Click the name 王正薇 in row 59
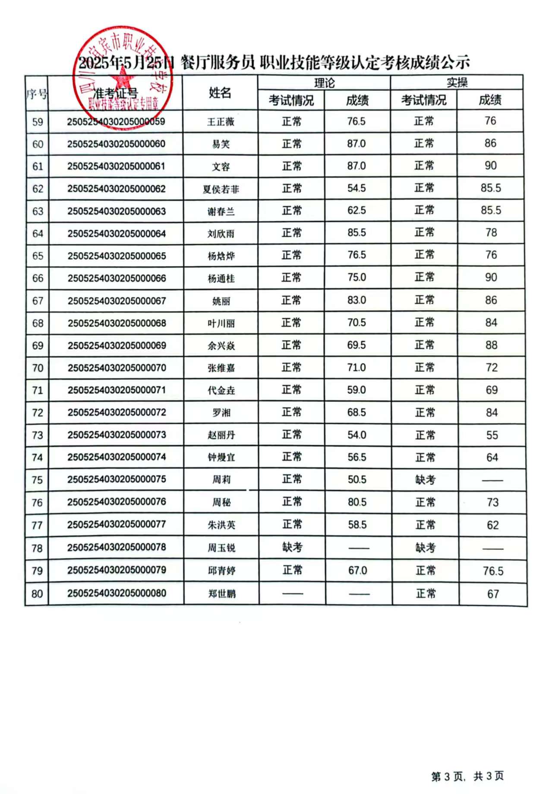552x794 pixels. (221, 122)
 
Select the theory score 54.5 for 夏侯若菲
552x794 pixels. (356, 188)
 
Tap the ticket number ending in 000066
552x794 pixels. (117, 278)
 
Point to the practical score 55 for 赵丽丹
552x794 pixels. (492, 435)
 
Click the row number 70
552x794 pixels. (38, 368)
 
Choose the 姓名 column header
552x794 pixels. (220, 92)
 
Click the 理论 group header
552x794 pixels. (324, 83)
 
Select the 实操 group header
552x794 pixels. (457, 82)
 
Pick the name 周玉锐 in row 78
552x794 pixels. (221, 548)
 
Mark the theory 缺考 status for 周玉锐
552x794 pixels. (292, 547)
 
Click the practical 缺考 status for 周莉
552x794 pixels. (425, 480)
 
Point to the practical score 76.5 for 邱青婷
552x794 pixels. (493, 571)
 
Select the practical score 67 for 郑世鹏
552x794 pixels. (493, 594)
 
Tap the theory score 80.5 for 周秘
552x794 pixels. (357, 502)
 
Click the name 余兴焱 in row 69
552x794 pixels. (221, 346)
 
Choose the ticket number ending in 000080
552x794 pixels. (117, 593)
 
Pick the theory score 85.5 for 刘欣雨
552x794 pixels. (356, 233)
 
